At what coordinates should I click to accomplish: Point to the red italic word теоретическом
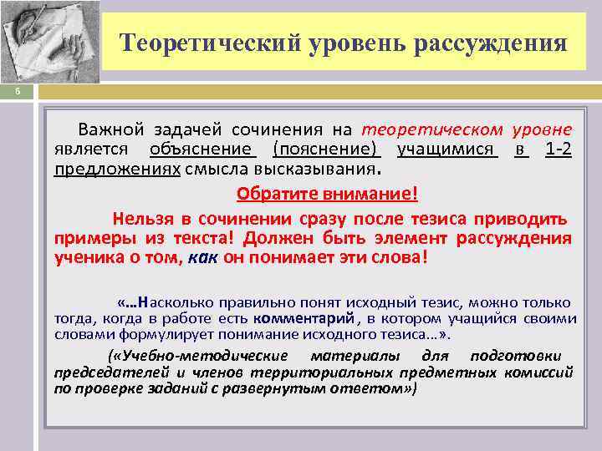click(432, 129)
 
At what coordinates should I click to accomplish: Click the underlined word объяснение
click(202, 149)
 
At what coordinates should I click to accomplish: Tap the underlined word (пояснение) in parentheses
click(326, 149)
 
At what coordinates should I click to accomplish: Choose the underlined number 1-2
click(558, 149)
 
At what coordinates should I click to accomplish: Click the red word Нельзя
click(144, 220)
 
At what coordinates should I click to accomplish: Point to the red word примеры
click(89, 239)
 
